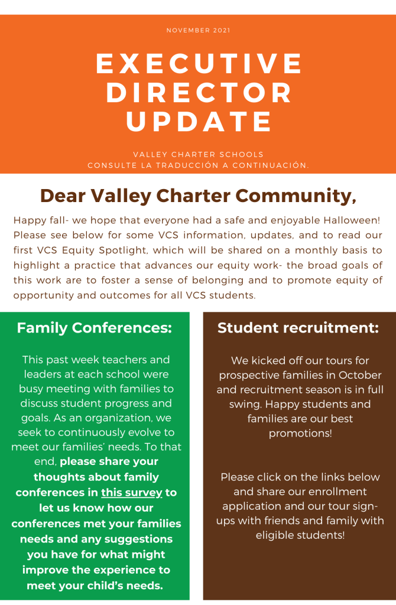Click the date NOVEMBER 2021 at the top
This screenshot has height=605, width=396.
[198, 30]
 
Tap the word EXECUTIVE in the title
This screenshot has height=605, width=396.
[199, 64]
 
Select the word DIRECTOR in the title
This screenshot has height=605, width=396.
[199, 93]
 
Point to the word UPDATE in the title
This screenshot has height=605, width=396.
[199, 121]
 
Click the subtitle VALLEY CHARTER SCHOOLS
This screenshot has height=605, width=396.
[198, 155]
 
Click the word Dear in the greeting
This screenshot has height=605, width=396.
[63, 196]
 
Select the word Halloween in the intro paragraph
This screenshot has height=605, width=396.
[348, 220]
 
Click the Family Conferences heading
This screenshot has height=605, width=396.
[94, 327]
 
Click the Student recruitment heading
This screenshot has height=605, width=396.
[298, 328]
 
